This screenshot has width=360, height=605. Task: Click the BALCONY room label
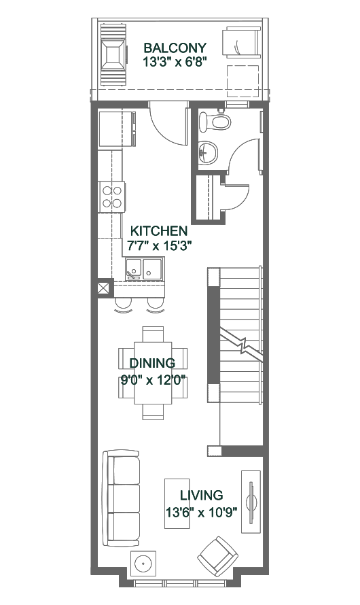(175, 48)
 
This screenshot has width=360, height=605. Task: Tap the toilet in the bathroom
(215, 122)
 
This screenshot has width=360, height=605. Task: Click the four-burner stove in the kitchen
(112, 196)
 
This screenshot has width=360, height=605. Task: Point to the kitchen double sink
(145, 269)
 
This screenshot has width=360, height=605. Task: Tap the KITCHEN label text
(159, 231)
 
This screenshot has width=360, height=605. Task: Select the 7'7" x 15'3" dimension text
(159, 245)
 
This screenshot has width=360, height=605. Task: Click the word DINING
(152, 363)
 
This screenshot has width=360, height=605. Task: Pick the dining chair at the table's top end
(153, 334)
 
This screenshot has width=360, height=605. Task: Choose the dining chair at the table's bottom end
(153, 412)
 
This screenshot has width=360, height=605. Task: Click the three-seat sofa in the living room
(121, 498)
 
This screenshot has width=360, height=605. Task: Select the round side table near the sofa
(143, 564)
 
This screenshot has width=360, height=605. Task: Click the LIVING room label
(202, 495)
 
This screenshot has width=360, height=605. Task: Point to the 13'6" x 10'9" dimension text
(201, 513)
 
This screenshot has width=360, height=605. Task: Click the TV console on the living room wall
(251, 502)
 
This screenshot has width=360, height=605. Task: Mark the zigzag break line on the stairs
(241, 345)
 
